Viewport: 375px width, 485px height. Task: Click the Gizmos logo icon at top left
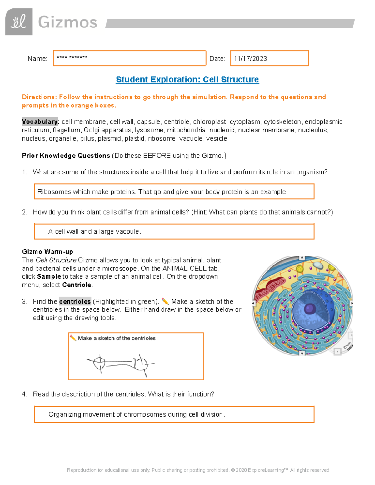click(19, 22)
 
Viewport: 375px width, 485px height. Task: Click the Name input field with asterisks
click(129, 58)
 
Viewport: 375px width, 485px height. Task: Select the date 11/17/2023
click(250, 59)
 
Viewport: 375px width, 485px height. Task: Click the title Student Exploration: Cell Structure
click(187, 80)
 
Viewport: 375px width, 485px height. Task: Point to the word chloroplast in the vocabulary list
click(209, 121)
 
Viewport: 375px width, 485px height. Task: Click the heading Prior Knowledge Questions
click(66, 156)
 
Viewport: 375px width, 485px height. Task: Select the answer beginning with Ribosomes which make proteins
click(162, 192)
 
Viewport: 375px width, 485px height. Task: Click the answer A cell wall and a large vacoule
click(95, 231)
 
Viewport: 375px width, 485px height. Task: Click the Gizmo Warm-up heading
click(47, 252)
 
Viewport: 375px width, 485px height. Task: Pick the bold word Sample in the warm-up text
click(49, 276)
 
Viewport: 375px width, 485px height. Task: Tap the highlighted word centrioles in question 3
click(75, 301)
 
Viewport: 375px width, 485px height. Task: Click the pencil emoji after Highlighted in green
click(165, 301)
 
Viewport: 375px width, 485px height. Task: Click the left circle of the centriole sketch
click(99, 363)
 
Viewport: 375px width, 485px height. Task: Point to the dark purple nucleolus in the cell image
click(310, 309)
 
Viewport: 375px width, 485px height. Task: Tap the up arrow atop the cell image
click(302, 258)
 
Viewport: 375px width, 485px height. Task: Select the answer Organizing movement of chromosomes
click(137, 414)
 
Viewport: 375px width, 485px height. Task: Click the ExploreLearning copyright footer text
click(198, 470)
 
